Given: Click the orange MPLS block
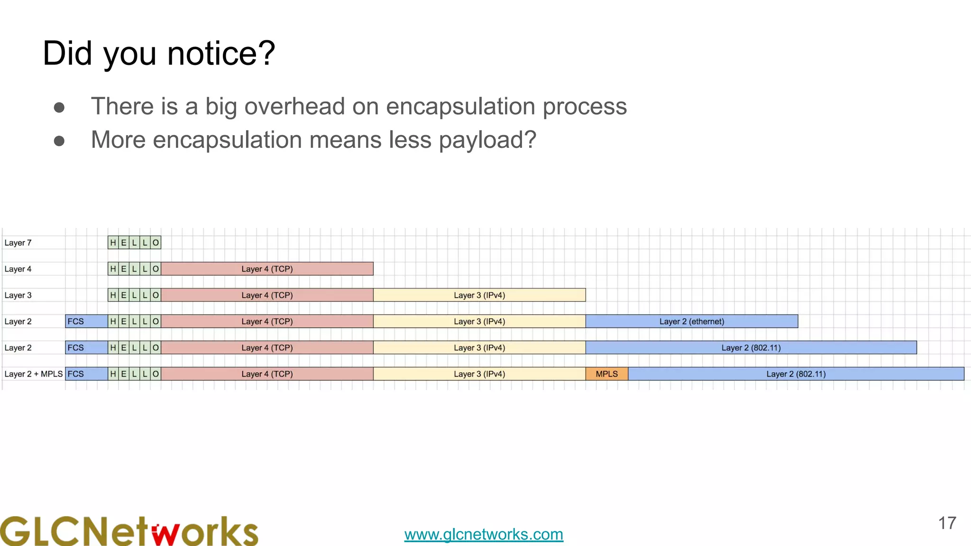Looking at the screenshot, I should [x=606, y=374].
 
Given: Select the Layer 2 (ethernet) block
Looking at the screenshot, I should [x=691, y=321].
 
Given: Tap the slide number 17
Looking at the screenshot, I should [x=947, y=523].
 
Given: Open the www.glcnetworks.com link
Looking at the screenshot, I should [x=484, y=534].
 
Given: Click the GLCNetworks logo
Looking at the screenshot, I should [x=129, y=531].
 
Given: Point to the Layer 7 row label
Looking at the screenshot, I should [x=18, y=243].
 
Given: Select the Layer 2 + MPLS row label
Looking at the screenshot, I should [x=33, y=374].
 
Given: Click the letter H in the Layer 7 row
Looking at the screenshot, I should [x=113, y=243].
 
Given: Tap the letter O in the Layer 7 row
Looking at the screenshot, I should [x=156, y=243].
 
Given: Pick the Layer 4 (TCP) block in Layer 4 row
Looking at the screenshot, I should [x=267, y=269].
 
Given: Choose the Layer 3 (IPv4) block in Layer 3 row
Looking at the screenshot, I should [x=479, y=295].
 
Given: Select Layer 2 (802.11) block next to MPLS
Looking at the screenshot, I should [x=796, y=374].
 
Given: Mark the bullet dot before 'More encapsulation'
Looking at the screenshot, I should [x=59, y=141].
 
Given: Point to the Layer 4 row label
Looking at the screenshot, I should [x=18, y=269].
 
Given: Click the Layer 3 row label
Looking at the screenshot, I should [x=18, y=295].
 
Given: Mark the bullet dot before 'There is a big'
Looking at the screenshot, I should [x=59, y=107].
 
